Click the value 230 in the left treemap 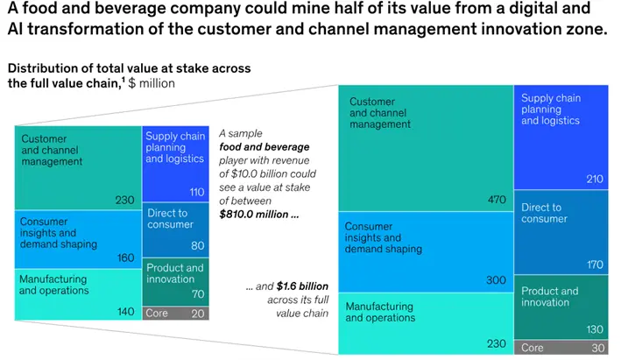point(124,200)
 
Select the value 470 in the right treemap point(497,200)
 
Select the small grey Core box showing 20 point(175,313)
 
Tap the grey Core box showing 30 point(566,348)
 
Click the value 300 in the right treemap point(497,280)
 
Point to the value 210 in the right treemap point(596,180)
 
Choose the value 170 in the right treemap point(596,265)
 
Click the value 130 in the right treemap point(596,329)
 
